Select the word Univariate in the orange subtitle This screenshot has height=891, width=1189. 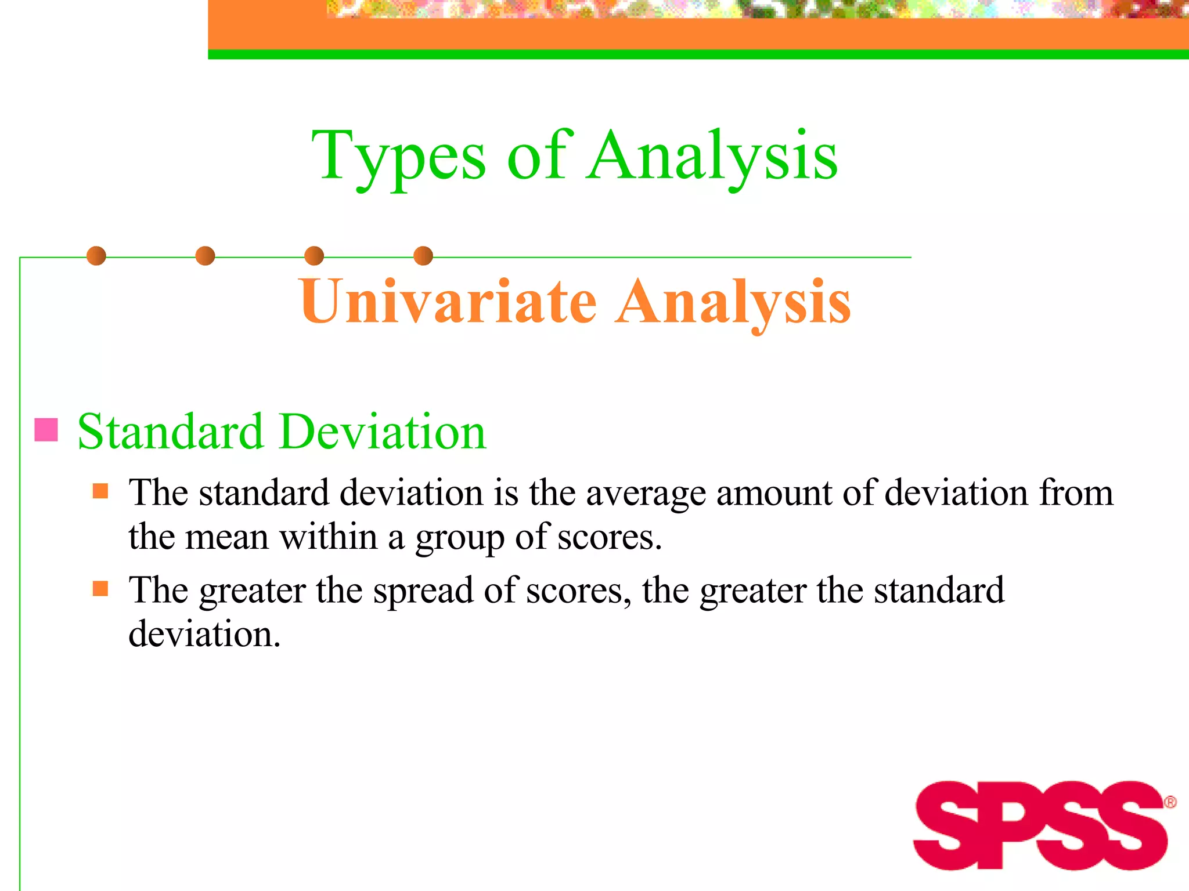click(x=448, y=302)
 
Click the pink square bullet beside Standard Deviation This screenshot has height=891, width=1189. click(x=46, y=430)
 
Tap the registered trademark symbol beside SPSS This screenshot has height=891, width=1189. click(x=1170, y=802)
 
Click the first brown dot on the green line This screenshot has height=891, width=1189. click(x=96, y=256)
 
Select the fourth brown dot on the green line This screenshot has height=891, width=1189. click(x=423, y=256)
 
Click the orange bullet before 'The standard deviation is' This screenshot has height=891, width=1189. click(x=100, y=491)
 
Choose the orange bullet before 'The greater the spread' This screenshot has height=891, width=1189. click(x=100, y=589)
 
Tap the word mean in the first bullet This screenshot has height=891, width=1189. click(x=227, y=537)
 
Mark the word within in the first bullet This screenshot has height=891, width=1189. click(x=329, y=536)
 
